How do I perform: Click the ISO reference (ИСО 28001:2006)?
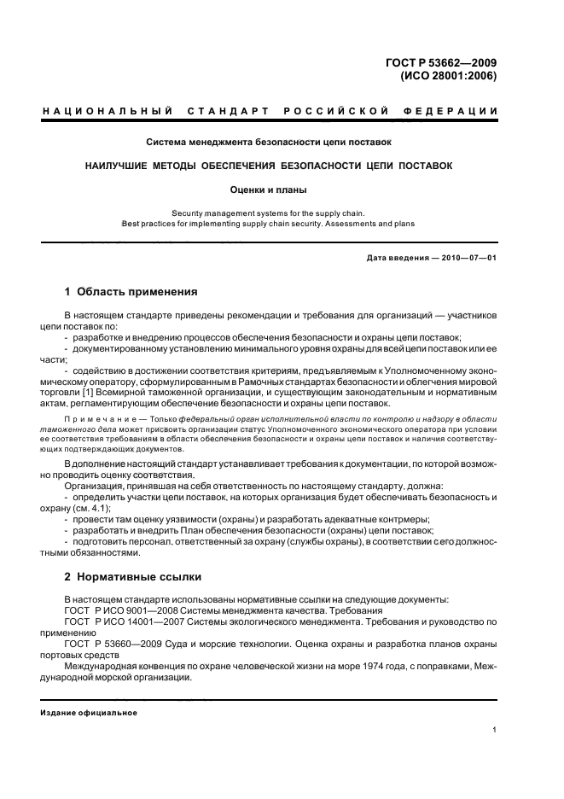tap(449, 75)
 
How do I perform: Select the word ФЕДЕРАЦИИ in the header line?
tap(456, 112)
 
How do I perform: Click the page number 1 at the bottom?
tap(495, 730)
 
